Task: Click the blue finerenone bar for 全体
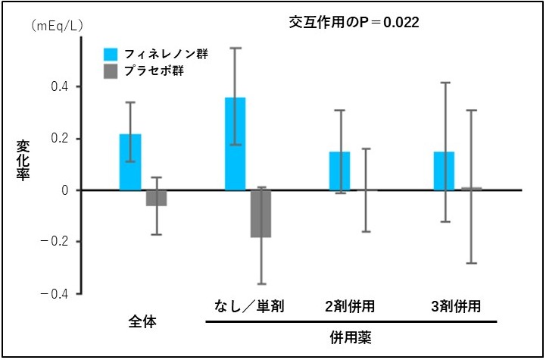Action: (x=130, y=162)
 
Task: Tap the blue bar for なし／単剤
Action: (x=235, y=144)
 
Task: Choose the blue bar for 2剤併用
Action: (x=339, y=171)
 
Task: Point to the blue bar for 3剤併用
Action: (x=444, y=171)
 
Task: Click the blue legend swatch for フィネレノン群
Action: (x=111, y=55)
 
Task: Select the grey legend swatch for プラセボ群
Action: (x=111, y=72)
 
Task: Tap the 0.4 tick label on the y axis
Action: (x=61, y=86)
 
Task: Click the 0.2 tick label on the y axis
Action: (x=61, y=139)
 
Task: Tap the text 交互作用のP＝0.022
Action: (x=354, y=23)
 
